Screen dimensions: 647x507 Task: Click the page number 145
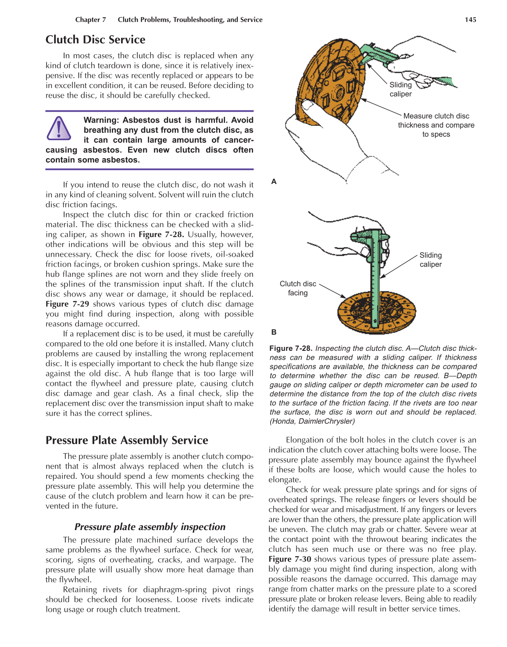coord(470,20)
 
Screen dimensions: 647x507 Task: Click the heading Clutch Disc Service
coord(95,40)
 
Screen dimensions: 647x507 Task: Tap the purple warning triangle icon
coord(58,129)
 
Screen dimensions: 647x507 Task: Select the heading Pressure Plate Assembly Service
coord(127,440)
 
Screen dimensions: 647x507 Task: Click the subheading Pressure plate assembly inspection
coord(150,527)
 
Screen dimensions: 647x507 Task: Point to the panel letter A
coord(274,181)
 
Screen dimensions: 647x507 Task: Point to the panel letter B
coord(274,332)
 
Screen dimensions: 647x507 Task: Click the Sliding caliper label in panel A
coord(400,89)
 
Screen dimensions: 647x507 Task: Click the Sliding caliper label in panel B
coord(430,260)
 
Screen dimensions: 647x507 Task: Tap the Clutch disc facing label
coord(297,288)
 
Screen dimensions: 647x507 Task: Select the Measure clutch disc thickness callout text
coord(436,125)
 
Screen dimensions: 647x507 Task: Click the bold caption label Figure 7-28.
coord(290,348)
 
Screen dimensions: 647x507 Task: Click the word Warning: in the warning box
coord(103,120)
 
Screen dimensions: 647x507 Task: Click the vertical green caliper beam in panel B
coord(375,280)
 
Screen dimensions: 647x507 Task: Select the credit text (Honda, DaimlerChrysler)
coord(312,421)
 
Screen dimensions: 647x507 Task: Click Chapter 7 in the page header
coord(90,20)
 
